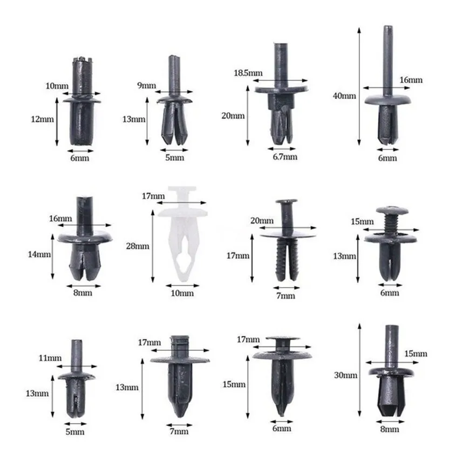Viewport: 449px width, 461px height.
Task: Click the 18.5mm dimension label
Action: coord(248,73)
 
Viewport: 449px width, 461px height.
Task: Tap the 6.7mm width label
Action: coord(285,157)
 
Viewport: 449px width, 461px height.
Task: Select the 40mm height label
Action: coord(344,96)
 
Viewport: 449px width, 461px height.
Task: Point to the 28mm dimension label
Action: coord(138,246)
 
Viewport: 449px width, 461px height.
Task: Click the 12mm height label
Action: coord(42,119)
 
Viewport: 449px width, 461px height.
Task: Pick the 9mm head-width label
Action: coord(147,85)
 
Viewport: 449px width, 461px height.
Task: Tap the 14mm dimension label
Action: coord(39,254)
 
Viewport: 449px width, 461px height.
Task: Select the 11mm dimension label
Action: coord(50,358)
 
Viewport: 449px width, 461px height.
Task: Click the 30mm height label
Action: coord(345,375)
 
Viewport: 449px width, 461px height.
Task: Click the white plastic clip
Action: coord(182,232)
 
